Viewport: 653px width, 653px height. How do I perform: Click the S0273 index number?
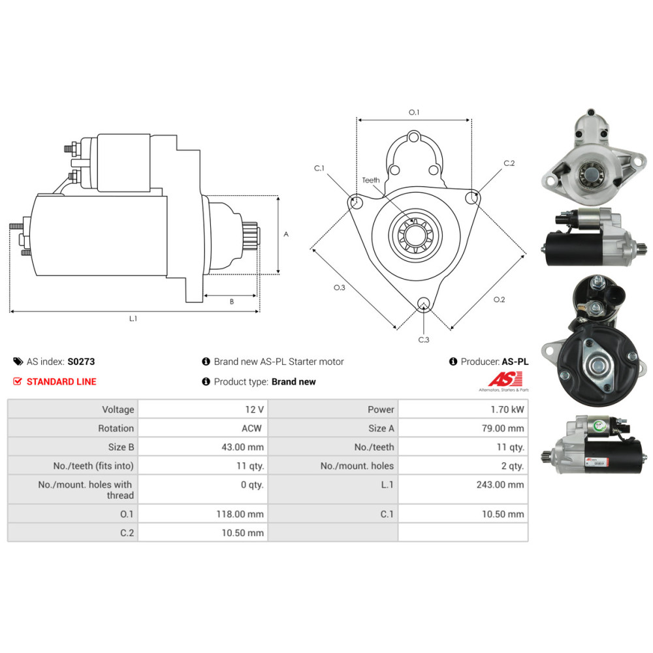81,362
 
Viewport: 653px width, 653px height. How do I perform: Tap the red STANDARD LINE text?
61,381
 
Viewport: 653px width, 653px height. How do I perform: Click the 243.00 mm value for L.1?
500,485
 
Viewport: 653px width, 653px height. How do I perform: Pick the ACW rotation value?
251,428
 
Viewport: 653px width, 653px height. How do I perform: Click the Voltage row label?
118,409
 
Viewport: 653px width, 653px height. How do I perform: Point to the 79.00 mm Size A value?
503,428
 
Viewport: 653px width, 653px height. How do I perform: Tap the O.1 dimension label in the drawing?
414,112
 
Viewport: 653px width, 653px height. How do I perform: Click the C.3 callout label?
424,340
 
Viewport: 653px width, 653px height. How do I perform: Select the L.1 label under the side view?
133,319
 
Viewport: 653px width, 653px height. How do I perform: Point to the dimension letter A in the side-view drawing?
286,234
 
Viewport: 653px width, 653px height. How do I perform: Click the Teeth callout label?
371,180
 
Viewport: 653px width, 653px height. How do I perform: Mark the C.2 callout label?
509,163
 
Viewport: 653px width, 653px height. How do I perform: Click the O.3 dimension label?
340,287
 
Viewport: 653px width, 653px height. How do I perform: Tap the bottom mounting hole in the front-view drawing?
424,304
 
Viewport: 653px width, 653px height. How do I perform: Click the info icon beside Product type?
206,381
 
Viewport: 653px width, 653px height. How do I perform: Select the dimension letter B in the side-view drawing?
232,302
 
